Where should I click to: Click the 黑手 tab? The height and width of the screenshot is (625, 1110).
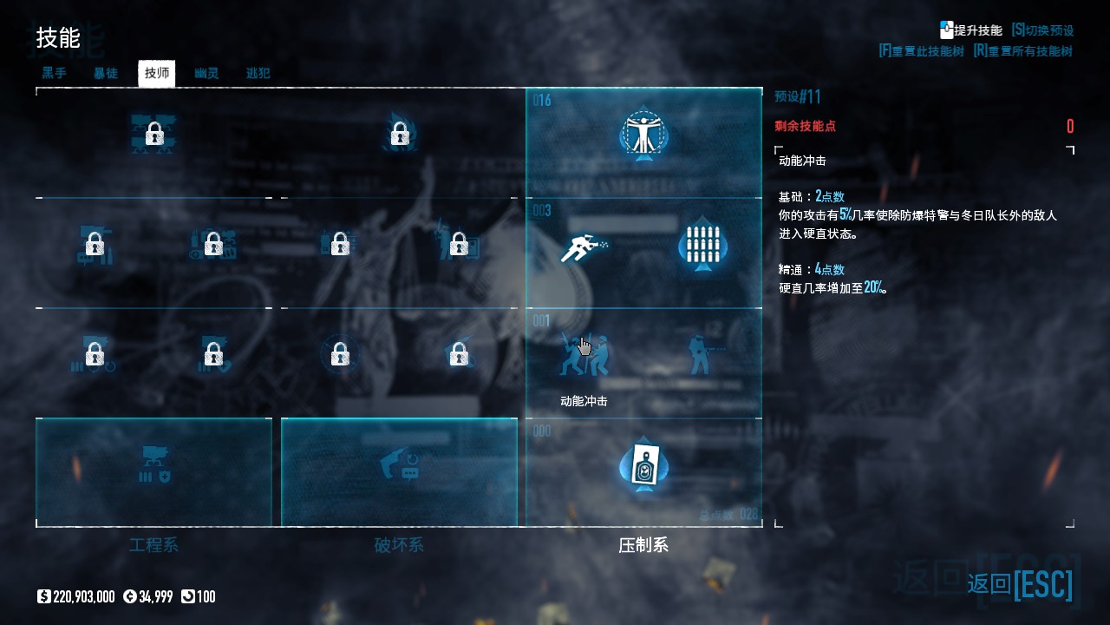[54, 74]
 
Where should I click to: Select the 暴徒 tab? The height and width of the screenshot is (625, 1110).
[106, 74]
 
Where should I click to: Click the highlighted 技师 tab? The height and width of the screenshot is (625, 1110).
[157, 74]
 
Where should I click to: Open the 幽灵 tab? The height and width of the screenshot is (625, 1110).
[206, 74]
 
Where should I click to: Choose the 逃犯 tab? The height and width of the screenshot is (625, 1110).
[258, 74]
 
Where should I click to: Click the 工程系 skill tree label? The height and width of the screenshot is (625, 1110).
[153, 545]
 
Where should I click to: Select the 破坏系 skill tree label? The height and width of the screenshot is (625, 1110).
[399, 545]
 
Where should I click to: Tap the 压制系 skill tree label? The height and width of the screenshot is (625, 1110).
[643, 545]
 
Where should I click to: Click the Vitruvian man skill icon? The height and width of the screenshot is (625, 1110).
[643, 135]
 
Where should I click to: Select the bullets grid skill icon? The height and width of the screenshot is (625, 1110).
[702, 245]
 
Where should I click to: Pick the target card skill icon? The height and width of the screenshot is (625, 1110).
[643, 466]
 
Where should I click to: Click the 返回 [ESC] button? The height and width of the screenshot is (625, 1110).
[1020, 583]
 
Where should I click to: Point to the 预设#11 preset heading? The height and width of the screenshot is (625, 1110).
[797, 96]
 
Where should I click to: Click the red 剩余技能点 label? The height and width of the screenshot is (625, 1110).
[805, 126]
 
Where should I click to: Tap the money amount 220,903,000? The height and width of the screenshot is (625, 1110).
[83, 596]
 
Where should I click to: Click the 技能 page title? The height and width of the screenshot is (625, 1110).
[58, 38]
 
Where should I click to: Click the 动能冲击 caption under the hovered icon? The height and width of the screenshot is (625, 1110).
[584, 401]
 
